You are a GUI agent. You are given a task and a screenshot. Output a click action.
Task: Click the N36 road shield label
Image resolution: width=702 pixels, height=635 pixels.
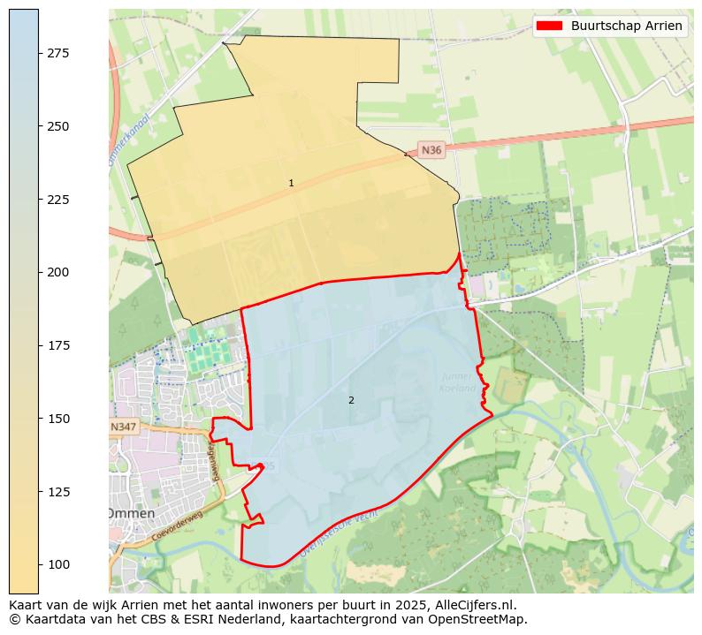[x=431, y=150]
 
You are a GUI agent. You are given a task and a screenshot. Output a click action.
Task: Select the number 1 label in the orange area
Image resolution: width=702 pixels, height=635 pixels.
[x=291, y=183]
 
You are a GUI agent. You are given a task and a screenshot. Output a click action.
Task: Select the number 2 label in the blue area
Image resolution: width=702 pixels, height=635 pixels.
[x=351, y=400]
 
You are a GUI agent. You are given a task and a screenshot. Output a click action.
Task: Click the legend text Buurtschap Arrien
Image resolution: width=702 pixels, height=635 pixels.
[x=626, y=26]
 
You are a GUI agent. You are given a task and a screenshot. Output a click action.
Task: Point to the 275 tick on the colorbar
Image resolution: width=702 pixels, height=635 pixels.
[x=57, y=53]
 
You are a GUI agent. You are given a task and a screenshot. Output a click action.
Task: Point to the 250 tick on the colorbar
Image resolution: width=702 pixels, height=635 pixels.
[x=57, y=126]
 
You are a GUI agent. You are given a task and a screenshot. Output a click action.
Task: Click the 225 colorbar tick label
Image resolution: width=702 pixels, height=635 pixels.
[x=57, y=200]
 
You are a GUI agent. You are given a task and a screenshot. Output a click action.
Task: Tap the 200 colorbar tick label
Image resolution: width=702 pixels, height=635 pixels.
[x=57, y=272]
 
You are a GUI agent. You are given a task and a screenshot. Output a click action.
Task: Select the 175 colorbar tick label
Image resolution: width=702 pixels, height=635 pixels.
[x=57, y=345]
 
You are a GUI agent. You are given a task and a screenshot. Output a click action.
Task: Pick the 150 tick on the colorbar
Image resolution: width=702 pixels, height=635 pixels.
[x=57, y=419]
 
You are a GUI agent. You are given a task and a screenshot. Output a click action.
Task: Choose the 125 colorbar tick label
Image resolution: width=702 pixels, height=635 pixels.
[x=57, y=491]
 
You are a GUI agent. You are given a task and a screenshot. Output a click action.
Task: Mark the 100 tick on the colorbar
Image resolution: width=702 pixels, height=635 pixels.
[x=57, y=564]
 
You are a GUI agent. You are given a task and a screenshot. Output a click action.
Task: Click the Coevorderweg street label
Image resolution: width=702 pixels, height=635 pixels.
[x=177, y=525]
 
